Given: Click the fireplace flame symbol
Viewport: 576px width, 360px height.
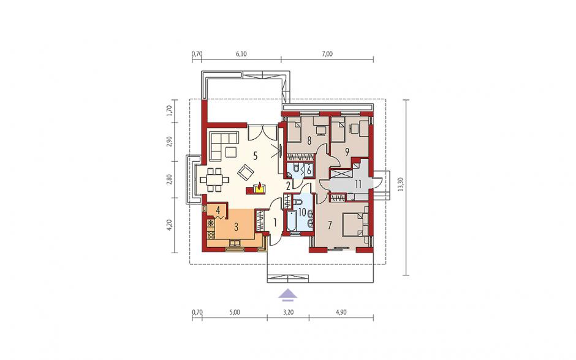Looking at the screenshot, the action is (260, 187).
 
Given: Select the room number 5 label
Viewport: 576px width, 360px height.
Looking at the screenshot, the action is (255, 156).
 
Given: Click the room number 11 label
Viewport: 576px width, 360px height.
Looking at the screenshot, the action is (358, 183).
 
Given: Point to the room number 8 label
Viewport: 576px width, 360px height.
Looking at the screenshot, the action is (309, 140).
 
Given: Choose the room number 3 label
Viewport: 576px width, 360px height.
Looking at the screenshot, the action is (236, 227).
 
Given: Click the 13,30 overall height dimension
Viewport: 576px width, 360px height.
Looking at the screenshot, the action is (400, 184).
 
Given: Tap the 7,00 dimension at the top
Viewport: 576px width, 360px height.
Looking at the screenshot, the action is (327, 54).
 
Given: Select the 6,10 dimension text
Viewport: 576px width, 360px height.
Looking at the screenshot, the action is (241, 54).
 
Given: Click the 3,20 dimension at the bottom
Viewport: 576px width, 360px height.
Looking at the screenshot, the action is (289, 313).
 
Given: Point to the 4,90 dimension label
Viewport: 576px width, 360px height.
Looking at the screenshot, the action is (341, 313).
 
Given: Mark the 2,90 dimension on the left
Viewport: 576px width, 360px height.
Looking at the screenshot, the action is (169, 142).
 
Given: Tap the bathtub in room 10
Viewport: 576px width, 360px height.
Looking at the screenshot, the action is (292, 221).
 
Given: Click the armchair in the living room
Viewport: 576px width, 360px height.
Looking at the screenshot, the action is (245, 172).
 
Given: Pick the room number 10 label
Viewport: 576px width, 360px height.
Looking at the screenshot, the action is (302, 212).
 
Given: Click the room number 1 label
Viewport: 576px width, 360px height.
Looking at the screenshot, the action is (275, 222).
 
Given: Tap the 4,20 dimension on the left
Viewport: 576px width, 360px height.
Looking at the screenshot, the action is (169, 224).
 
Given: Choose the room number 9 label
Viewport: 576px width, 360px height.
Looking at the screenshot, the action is (346, 151).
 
